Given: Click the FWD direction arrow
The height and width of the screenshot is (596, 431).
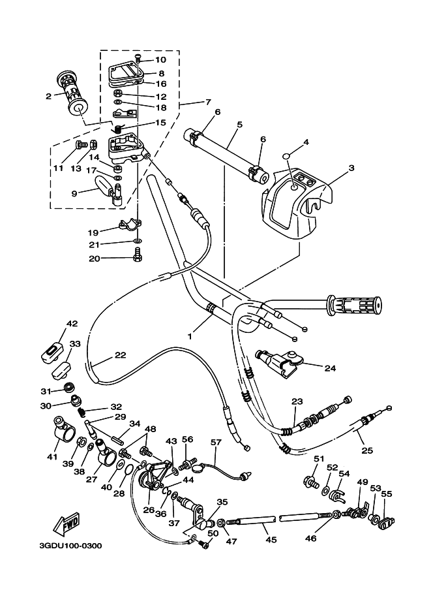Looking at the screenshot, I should (x=67, y=524).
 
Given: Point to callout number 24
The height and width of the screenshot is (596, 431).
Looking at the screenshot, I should (x=330, y=368).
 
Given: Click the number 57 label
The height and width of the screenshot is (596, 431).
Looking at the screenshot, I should (x=216, y=443).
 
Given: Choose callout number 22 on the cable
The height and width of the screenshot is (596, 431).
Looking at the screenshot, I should (x=119, y=355).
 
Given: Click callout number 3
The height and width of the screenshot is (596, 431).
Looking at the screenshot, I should (x=351, y=168).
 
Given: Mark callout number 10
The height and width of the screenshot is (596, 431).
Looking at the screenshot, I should (x=160, y=60).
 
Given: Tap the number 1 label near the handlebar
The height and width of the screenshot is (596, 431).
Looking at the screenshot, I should (x=190, y=336).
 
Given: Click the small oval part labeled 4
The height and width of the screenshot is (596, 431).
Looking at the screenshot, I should (x=286, y=157).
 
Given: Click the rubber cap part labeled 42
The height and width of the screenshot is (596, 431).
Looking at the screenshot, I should (x=52, y=351).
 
